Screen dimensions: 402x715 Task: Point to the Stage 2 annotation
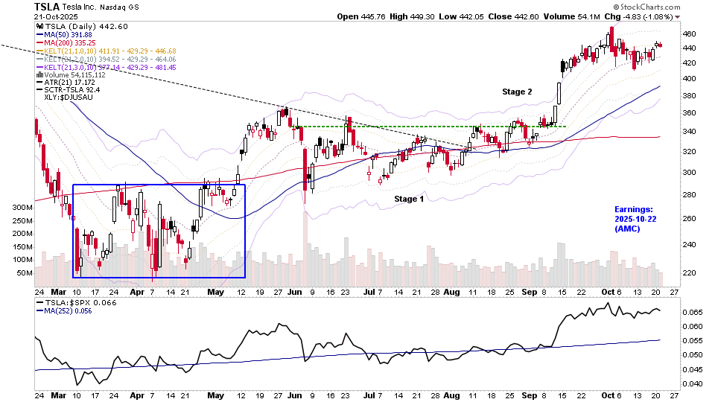pyautogui.click(x=517, y=92)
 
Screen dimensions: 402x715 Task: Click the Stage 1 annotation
pyautogui.click(x=409, y=199)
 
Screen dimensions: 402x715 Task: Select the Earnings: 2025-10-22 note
pyautogui.click(x=633, y=219)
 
